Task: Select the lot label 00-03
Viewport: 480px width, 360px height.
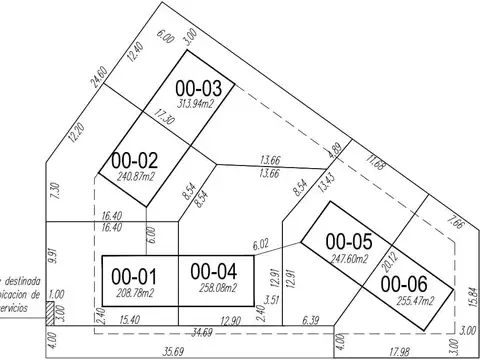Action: tap(199, 90)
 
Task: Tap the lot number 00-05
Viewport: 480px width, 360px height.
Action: tap(348, 241)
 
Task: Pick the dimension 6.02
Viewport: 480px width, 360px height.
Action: tap(261, 243)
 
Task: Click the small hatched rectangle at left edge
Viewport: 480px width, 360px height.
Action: tap(49, 313)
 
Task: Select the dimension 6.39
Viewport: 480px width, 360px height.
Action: tap(310, 319)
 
